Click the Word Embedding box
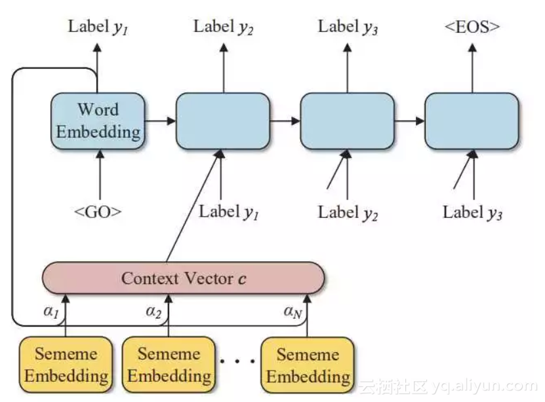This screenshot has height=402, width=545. pos(98,121)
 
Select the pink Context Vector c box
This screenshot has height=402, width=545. pos(183,278)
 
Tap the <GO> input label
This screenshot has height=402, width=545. pos(98,211)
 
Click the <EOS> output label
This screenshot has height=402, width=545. pos(472,27)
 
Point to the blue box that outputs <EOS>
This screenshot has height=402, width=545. pos(472,121)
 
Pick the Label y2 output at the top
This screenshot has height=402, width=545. pos(223,27)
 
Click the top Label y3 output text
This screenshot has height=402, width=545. pos(348,27)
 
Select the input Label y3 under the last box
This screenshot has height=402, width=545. pos(472,213)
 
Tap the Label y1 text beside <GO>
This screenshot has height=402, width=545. pos(229,212)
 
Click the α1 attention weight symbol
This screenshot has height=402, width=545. pos(51,312)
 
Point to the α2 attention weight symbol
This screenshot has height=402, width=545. pos(153,312)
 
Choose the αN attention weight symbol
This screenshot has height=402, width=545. pos(293,312)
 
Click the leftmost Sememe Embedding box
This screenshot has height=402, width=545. pos(66,365)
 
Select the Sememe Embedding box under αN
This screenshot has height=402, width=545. pos(308,365)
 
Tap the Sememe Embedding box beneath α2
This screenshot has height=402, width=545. pos(169,365)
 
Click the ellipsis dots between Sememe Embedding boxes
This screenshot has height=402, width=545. pos(238,361)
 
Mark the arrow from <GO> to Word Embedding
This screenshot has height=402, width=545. pos(100,174)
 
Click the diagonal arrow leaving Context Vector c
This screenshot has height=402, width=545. pos(194,206)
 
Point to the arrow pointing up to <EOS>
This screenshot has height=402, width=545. pos(472,67)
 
